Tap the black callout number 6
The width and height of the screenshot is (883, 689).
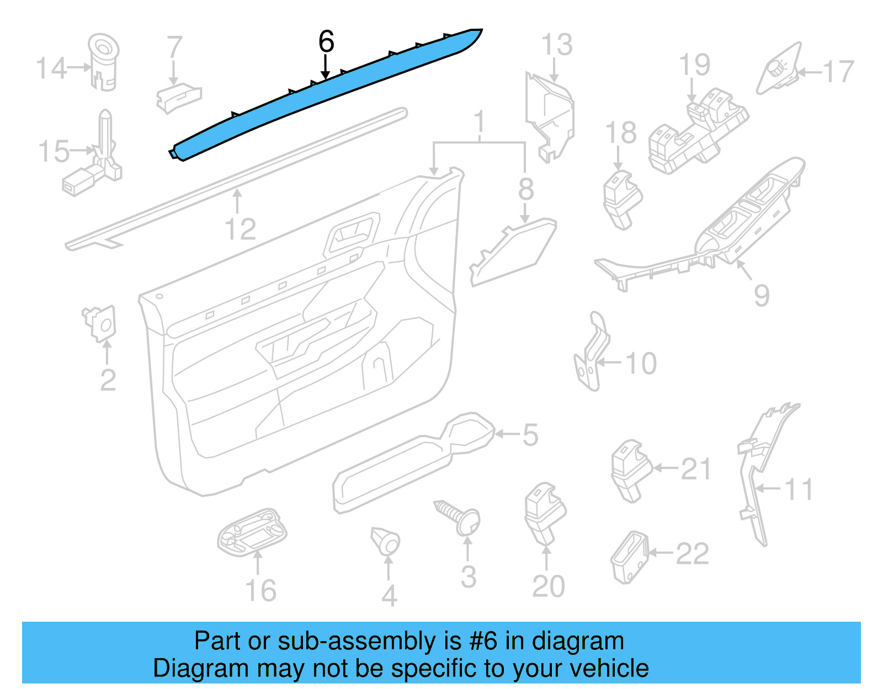click(x=326, y=42)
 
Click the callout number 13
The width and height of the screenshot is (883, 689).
click(x=556, y=45)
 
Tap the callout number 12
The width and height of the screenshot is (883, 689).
click(x=241, y=229)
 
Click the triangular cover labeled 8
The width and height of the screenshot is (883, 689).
click(x=513, y=251)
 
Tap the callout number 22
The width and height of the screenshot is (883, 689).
click(x=692, y=553)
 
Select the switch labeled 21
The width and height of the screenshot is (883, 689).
click(x=629, y=469)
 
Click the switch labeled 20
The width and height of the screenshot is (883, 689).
click(x=544, y=510)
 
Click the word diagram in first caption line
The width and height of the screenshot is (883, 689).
click(x=577, y=641)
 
